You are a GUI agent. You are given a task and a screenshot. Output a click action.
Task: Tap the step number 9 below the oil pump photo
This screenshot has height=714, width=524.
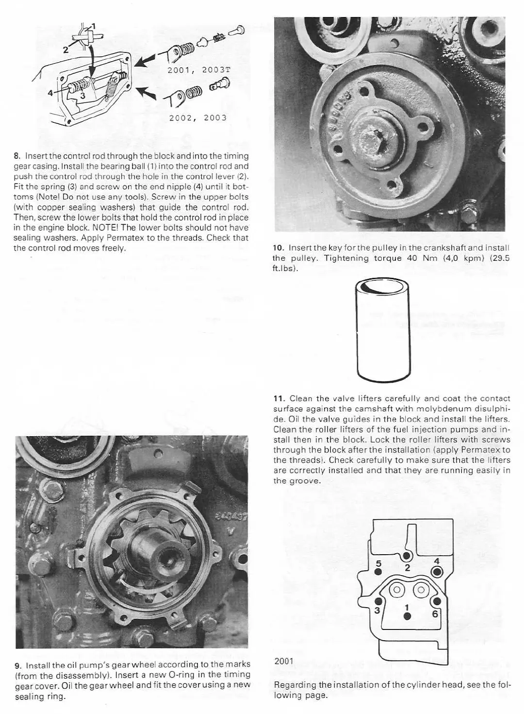pos(18,664)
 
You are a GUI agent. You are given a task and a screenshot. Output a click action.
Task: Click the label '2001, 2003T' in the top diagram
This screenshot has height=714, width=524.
pos(198,69)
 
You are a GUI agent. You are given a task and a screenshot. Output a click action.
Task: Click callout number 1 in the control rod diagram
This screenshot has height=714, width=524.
pos(94,25)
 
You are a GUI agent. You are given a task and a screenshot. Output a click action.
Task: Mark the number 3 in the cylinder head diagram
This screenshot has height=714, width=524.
pos(377,610)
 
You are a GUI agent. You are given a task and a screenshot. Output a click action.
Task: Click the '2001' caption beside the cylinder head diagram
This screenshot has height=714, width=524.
pos(284,661)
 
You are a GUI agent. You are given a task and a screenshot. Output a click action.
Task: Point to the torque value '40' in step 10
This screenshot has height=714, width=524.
pos(412,258)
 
